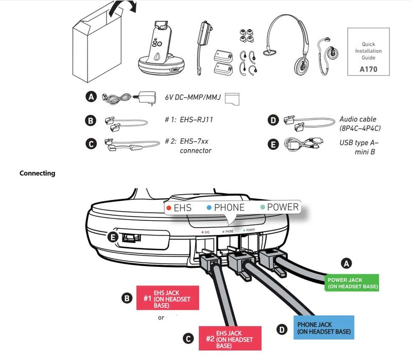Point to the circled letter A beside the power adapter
(x=91, y=97)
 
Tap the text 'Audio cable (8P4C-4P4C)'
(x=361, y=124)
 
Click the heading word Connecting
(x=37, y=173)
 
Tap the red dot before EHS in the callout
(x=168, y=208)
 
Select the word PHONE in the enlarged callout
(x=230, y=208)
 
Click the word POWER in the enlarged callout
(x=283, y=207)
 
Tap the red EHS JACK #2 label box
(x=230, y=338)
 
